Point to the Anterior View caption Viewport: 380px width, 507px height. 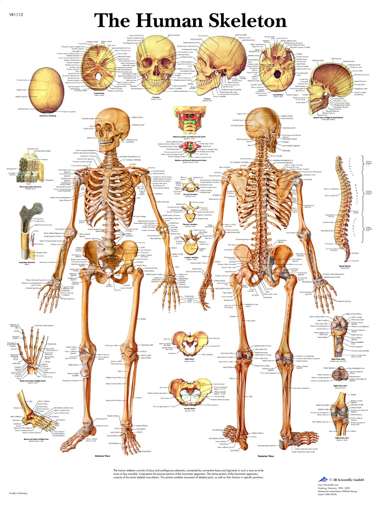103,456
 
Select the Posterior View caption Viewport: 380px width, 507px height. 266,456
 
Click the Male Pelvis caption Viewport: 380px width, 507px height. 190,359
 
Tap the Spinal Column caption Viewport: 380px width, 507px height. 345,266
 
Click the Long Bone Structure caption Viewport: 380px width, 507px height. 27,263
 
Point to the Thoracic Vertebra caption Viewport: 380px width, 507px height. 190,224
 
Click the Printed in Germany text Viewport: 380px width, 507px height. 18,493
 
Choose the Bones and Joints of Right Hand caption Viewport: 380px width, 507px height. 32,381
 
